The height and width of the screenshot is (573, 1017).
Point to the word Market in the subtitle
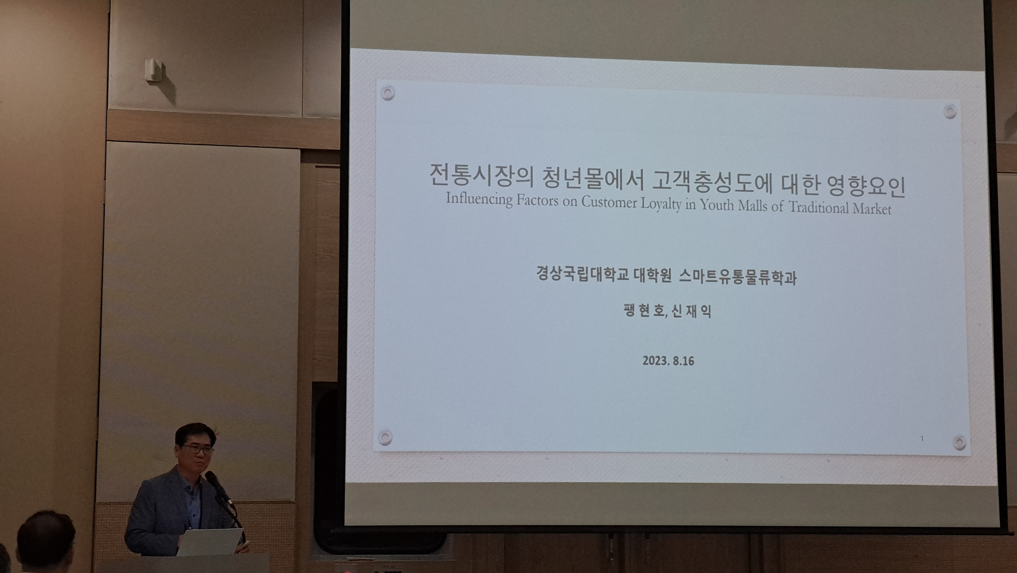pyautogui.click(x=872, y=208)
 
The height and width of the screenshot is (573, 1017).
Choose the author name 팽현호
pyautogui.click(x=645, y=310)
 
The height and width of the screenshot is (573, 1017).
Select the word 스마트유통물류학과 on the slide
pyautogui.click(x=737, y=277)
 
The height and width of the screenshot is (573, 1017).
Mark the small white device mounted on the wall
pyautogui.click(x=154, y=70)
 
